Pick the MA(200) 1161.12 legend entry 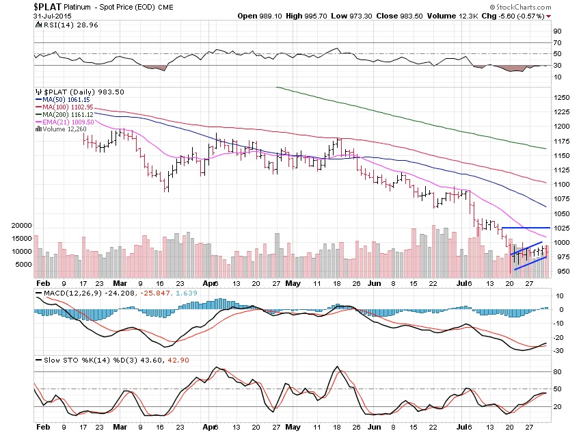point(66,114)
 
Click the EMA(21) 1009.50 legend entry point(67,122)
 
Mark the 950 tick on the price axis point(558,271)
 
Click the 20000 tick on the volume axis point(22,225)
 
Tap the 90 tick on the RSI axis point(557,31)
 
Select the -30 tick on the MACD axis point(558,350)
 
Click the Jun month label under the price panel point(373,282)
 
